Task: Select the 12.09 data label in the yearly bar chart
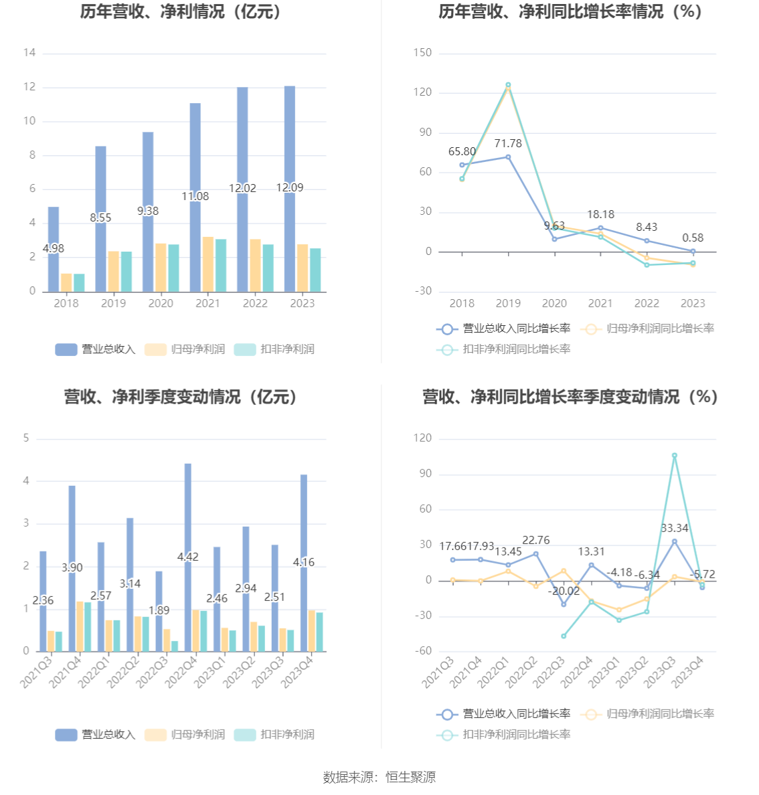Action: pos(290,188)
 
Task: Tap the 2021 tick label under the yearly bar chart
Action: pos(207,303)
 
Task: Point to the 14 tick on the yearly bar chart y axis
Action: pos(29,53)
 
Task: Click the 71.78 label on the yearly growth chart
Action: pos(508,144)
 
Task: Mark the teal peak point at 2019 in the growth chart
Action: pos(508,85)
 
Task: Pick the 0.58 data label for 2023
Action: pos(693,238)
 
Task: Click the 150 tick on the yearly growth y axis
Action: pos(422,53)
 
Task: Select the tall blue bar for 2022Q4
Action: pos(188,509)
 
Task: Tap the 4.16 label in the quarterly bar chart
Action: pos(304,563)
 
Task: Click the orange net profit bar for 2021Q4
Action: pos(80,626)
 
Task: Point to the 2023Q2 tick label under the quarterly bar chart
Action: pos(238,671)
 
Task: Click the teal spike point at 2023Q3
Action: pos(675,456)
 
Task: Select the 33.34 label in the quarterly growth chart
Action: pos(675,529)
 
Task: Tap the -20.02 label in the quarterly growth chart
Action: pos(564,592)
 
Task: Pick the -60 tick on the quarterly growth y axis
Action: pos(422,651)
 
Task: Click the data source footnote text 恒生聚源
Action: pos(410,777)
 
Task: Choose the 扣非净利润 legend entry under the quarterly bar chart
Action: pos(274,735)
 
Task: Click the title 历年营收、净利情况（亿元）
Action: pos(181,12)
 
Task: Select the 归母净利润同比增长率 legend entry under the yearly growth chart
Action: pos(649,329)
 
